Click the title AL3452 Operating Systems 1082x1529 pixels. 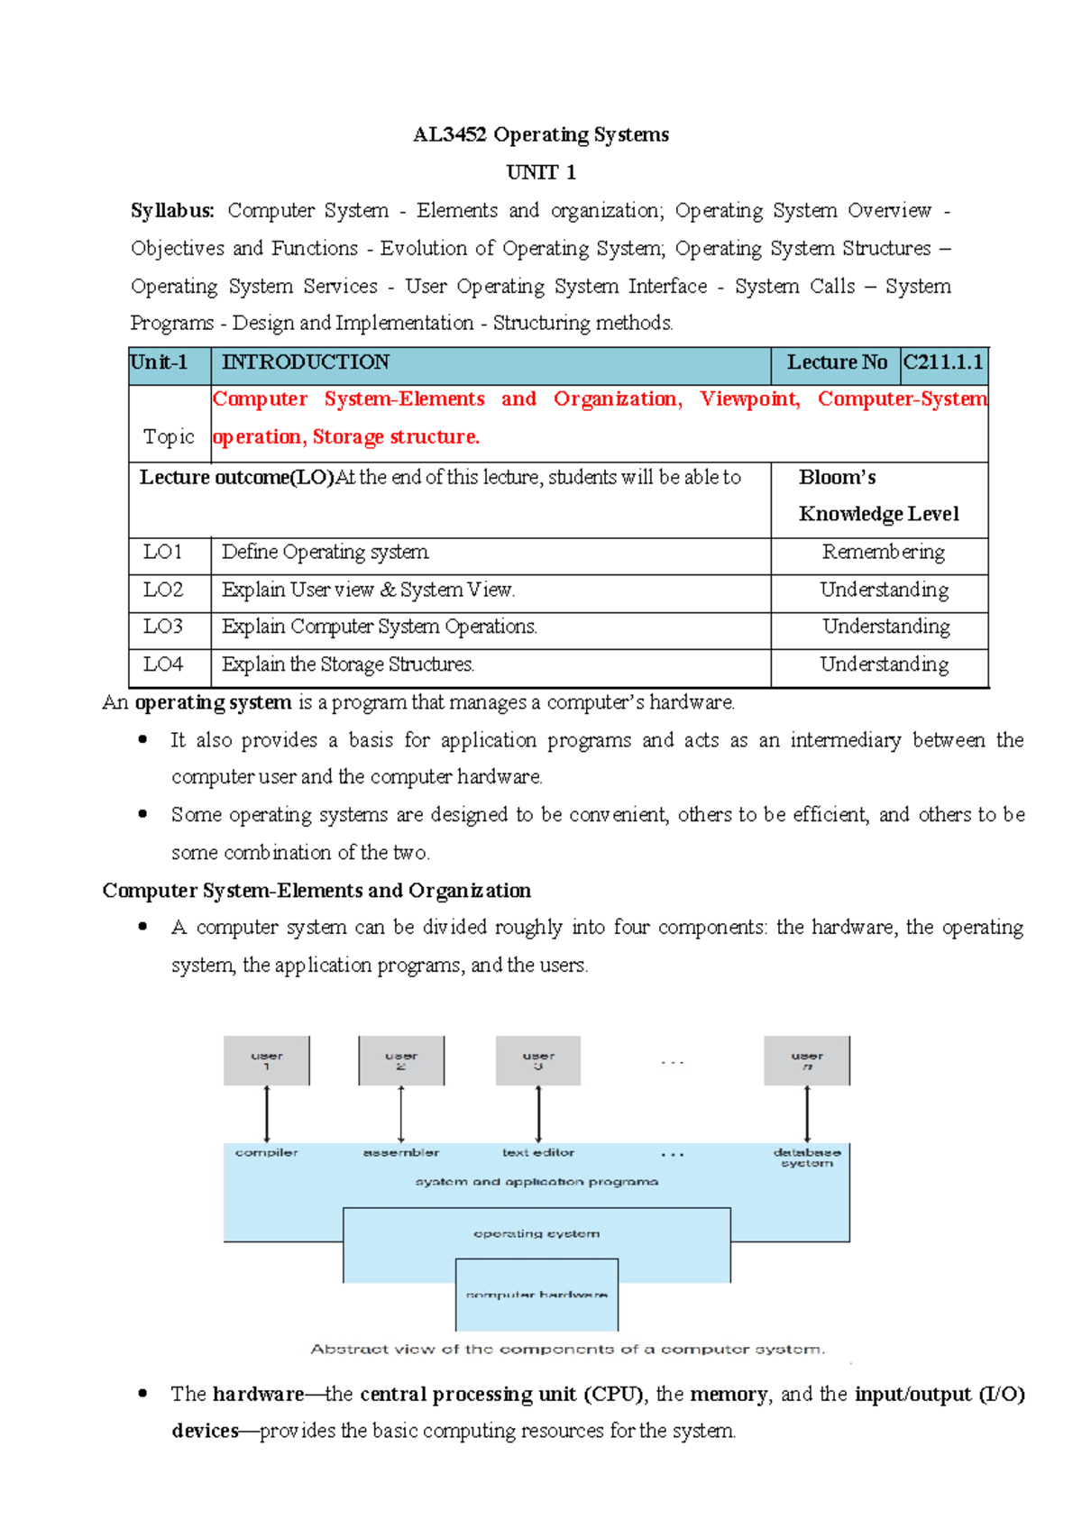pyautogui.click(x=540, y=134)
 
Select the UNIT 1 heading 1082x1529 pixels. pyautogui.click(x=540, y=172)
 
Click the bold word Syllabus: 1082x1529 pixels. pyautogui.click(x=172, y=211)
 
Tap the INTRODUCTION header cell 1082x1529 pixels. pyautogui.click(x=306, y=362)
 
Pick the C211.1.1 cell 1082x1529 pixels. pyautogui.click(x=942, y=362)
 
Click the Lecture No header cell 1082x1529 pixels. pyautogui.click(x=836, y=362)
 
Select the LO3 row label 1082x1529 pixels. pyautogui.click(x=163, y=627)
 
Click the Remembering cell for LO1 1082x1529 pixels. pyautogui.click(x=883, y=552)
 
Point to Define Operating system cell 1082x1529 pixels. pyautogui.click(x=326, y=552)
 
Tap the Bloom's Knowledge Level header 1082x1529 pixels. pyautogui.click(x=877, y=496)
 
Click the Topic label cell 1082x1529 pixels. pyautogui.click(x=169, y=436)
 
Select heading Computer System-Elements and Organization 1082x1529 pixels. pyautogui.click(x=316, y=891)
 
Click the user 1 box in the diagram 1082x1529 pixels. pyautogui.click(x=267, y=1060)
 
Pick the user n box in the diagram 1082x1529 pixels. pyautogui.click(x=807, y=1060)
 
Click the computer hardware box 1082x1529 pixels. pyautogui.click(x=536, y=1295)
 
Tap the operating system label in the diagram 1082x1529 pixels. pyautogui.click(x=536, y=1233)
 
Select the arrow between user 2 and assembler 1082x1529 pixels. pyautogui.click(x=401, y=1114)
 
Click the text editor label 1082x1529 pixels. pyautogui.click(x=538, y=1152)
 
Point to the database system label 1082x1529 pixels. pyautogui.click(x=807, y=1158)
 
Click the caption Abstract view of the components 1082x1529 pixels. pyautogui.click(x=567, y=1350)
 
